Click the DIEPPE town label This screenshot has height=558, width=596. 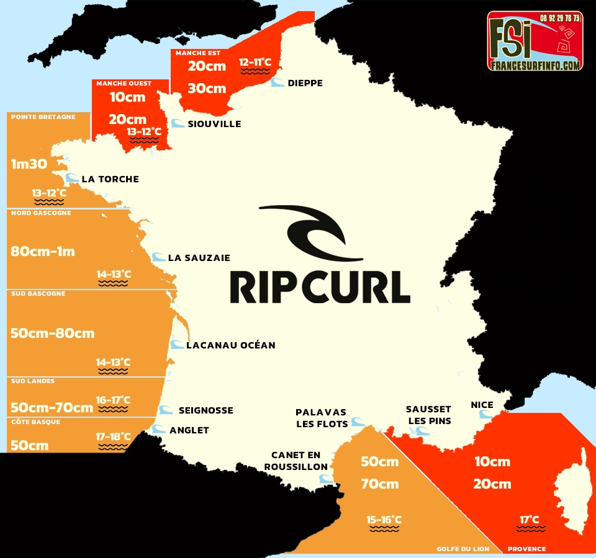[x=305, y=83]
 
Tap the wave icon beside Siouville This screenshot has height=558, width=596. [x=178, y=123]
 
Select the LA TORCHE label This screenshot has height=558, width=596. [x=110, y=179]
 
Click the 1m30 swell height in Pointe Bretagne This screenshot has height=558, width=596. [x=29, y=164]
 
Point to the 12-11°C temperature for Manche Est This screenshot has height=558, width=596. [x=255, y=62]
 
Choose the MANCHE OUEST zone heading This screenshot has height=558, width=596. [x=124, y=83]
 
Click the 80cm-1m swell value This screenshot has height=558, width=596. [x=43, y=252]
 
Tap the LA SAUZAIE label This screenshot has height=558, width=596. [x=199, y=258]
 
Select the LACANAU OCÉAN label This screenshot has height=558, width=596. [x=230, y=345]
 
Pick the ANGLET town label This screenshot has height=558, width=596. [x=189, y=430]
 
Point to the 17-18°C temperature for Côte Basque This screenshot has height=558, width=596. [x=113, y=436]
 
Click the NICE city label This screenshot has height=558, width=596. [x=482, y=405]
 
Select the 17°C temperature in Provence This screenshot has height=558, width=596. [x=530, y=520]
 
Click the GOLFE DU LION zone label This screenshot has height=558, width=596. [x=462, y=549]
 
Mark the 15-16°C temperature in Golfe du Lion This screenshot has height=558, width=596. [x=384, y=520]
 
